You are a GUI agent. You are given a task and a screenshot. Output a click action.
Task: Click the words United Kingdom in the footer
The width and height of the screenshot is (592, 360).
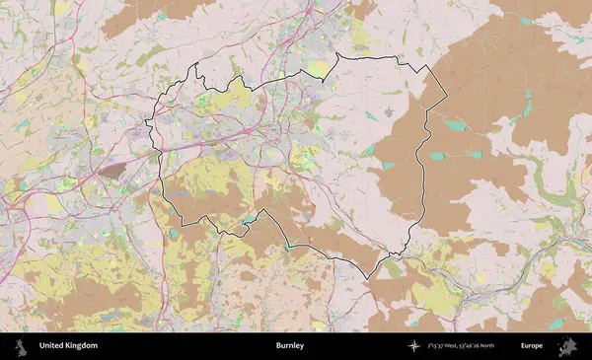(x=68, y=346)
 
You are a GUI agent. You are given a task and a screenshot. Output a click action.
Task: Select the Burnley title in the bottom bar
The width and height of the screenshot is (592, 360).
(x=290, y=346)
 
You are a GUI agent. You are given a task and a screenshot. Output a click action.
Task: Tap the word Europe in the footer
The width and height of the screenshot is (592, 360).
(x=532, y=346)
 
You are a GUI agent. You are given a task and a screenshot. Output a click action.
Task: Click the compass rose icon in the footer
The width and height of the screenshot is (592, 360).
(x=413, y=346)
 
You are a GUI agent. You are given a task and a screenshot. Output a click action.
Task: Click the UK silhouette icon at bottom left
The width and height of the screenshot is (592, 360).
(x=19, y=346)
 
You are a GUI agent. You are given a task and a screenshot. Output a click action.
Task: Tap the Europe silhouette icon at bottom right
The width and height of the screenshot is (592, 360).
(x=567, y=346)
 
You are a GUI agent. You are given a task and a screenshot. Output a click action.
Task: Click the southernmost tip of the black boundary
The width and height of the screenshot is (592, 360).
(x=369, y=278)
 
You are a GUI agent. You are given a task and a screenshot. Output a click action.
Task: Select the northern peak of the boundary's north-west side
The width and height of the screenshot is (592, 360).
(x=196, y=65)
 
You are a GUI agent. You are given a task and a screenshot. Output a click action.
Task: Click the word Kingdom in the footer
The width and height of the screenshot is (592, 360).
(x=83, y=346)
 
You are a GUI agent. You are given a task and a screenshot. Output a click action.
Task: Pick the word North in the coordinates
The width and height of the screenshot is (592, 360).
(x=513, y=346)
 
